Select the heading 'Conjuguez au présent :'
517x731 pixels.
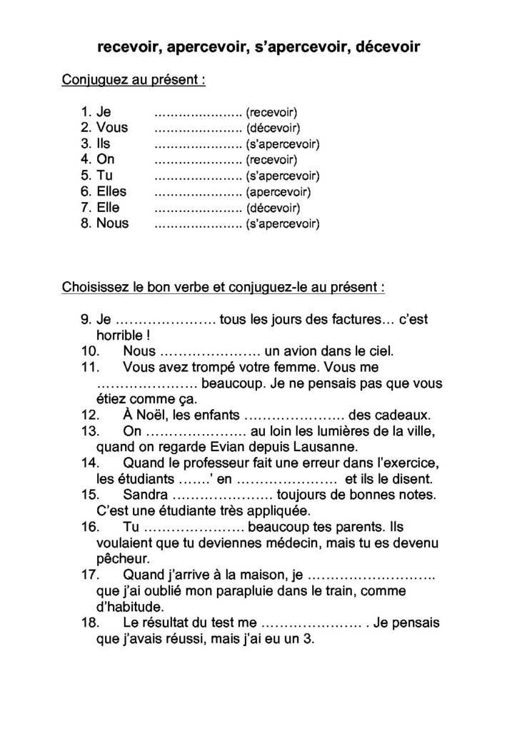pyautogui.click(x=134, y=80)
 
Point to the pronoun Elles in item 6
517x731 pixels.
pyautogui.click(x=111, y=191)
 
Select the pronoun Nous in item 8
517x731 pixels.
pyautogui.click(x=113, y=223)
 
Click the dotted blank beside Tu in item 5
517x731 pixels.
pyautogui.click(x=198, y=176)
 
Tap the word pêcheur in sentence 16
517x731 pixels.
pyautogui.click(x=122, y=559)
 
